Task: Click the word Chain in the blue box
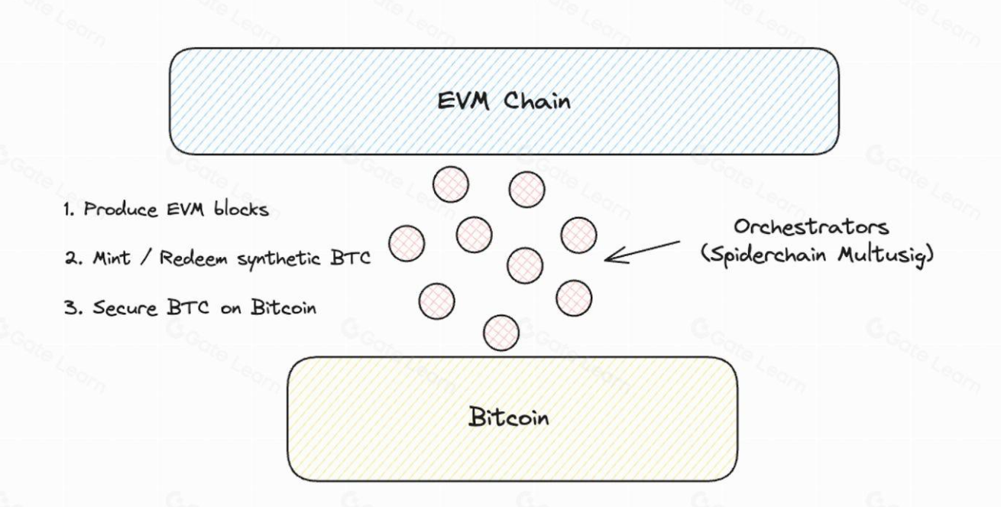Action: pyautogui.click(x=536, y=101)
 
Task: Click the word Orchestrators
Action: pyautogui.click(x=811, y=226)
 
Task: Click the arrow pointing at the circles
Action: pyautogui.click(x=642, y=252)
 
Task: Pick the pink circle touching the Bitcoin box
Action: pyautogui.click(x=501, y=333)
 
